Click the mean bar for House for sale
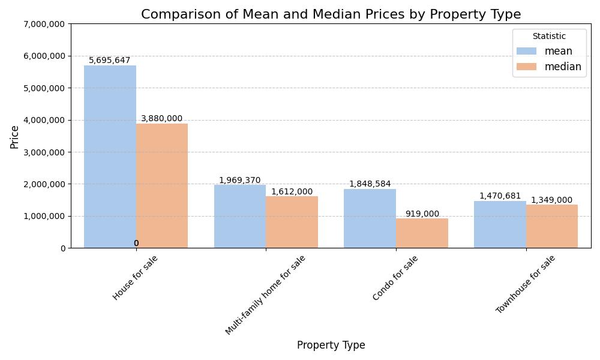click(110, 157)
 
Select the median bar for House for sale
click(162, 186)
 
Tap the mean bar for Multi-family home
click(240, 217)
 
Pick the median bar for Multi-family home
click(292, 222)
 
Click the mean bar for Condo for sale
click(370, 218)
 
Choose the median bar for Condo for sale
click(422, 233)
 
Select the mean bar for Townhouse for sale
click(500, 224)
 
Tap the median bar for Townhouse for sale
click(552, 226)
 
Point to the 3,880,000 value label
click(162, 119)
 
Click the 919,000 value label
click(422, 214)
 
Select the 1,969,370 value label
click(240, 180)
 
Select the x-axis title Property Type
click(331, 346)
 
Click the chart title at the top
click(331, 14)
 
